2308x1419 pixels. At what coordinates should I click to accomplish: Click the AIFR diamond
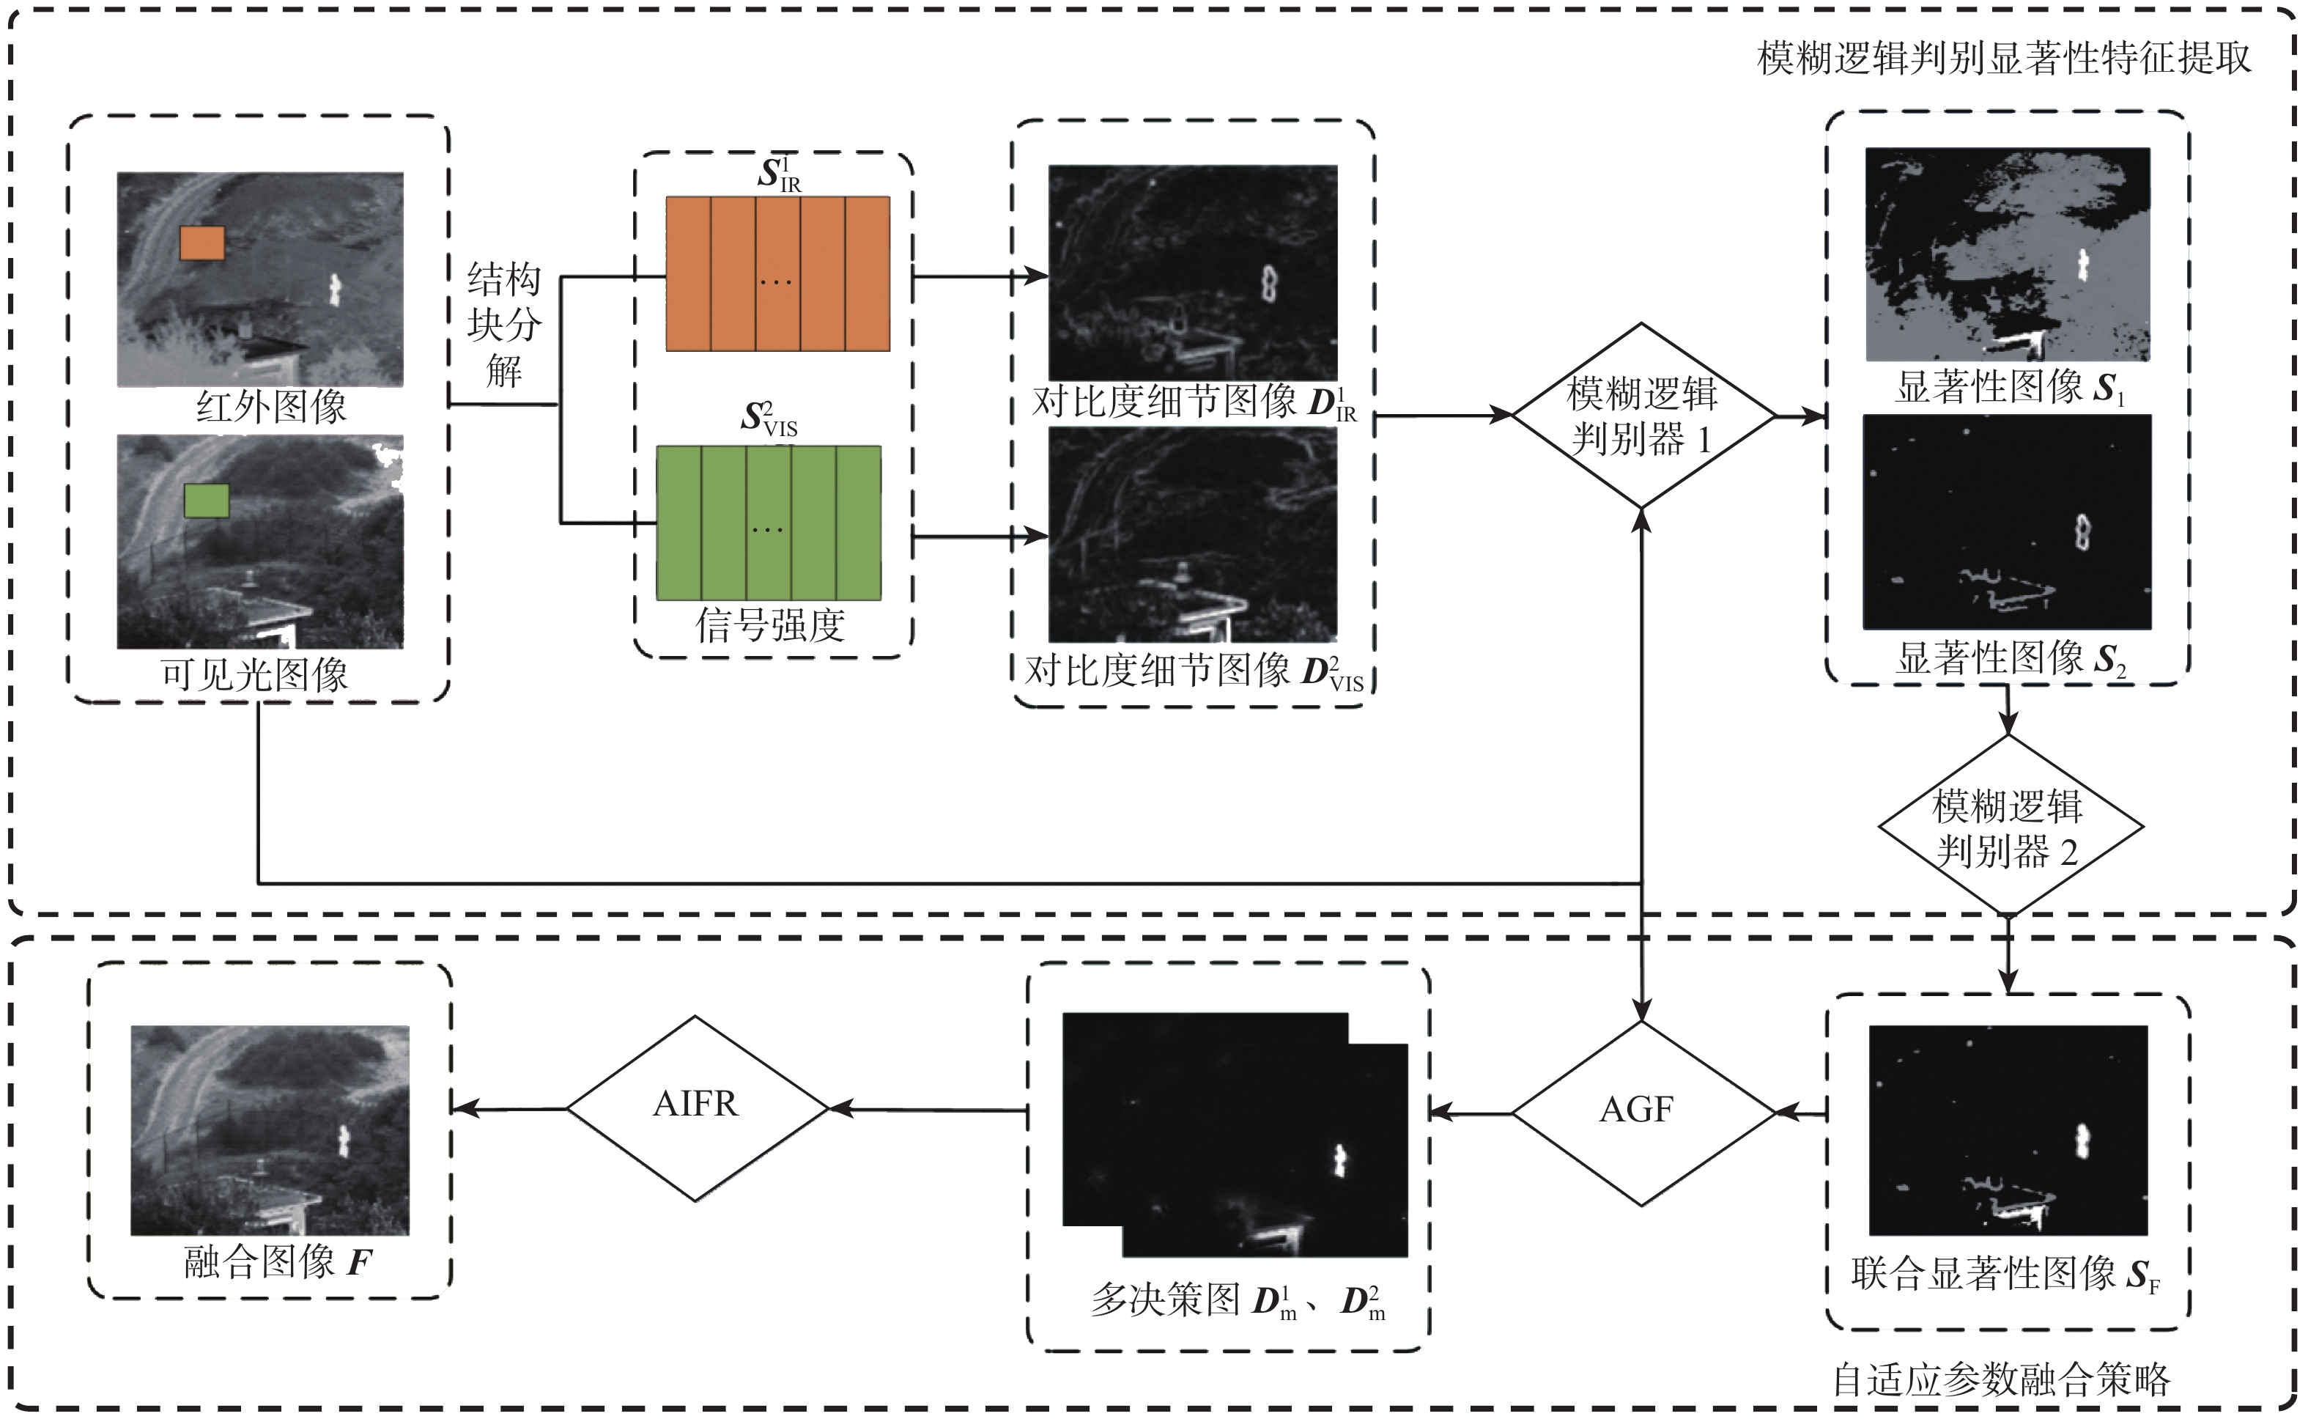[696, 1107]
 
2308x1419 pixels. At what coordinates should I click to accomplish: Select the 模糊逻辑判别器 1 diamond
[1641, 416]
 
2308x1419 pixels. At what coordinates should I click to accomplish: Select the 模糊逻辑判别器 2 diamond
[2008, 827]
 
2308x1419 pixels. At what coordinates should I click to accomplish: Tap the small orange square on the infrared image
[201, 243]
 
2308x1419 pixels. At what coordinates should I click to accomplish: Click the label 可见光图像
[254, 674]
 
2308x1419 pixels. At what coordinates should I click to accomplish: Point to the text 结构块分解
[504, 325]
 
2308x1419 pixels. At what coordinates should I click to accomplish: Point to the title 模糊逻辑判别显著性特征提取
[2004, 58]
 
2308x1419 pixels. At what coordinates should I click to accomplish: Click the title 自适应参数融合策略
[2002, 1379]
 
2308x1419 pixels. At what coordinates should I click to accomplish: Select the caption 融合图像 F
[278, 1262]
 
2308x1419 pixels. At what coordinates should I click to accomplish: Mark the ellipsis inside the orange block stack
[776, 281]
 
